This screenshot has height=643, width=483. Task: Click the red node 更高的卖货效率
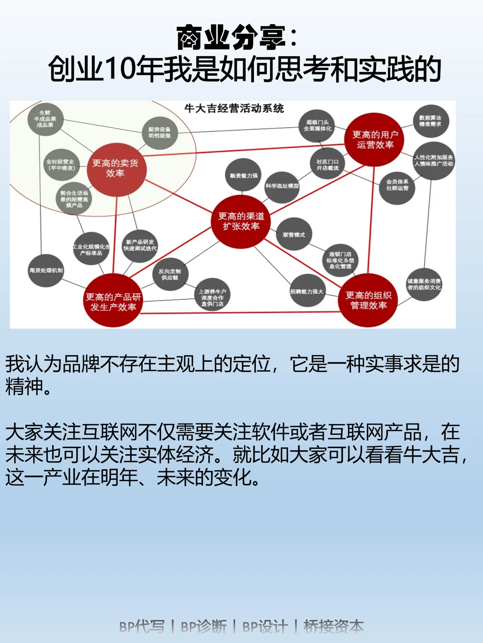pos(116,169)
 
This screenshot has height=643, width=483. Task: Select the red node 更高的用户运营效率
pos(375,139)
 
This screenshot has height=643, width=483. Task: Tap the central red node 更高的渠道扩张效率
pos(241,221)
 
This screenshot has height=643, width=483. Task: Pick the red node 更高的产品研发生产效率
pos(113,301)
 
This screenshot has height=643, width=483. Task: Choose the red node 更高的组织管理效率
pos(368,300)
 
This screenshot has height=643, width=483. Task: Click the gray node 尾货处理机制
pos(46,270)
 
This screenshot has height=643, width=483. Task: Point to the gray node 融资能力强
pos(244,176)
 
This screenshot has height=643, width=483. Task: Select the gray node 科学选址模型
pos(282,186)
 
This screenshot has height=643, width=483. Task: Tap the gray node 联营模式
pos(294,235)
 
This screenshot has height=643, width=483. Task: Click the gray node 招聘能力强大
pos(307,291)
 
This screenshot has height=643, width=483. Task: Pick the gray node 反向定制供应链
pos(169,274)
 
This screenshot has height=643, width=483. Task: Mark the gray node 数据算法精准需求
pos(430,121)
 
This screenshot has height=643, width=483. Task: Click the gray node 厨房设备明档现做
pos(160,133)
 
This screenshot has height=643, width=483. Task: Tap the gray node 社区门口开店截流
pos(327,164)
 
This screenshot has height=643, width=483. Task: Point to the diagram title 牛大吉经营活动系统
pos(234,109)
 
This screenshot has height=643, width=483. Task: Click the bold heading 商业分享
pos(231,38)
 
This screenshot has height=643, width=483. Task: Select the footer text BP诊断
pos(203,626)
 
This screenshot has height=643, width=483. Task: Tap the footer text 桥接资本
pos(334,626)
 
